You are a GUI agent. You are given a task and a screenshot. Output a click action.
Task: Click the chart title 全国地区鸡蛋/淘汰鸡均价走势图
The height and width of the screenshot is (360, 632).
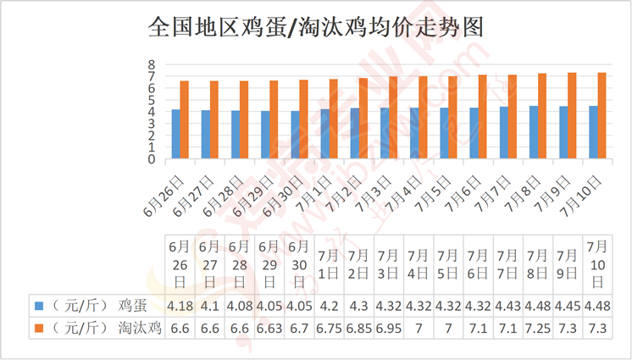click(316, 27)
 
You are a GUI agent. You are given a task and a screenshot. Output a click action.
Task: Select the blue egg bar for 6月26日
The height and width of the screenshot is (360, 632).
click(175, 134)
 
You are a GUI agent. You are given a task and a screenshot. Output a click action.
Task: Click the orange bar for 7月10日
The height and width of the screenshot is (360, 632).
click(602, 116)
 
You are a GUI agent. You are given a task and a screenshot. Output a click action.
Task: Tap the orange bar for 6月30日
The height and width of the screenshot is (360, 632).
click(303, 119)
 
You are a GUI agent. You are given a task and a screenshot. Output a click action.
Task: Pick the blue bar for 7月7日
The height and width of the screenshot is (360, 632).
click(504, 133)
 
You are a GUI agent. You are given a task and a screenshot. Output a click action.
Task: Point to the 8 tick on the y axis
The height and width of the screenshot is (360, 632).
click(152, 64)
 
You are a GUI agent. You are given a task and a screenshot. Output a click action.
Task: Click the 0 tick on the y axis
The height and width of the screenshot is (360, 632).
click(152, 159)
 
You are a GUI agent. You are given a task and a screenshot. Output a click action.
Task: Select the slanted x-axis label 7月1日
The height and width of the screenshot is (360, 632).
click(314, 193)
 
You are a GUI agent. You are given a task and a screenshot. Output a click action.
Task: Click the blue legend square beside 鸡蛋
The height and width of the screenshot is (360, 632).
click(39, 306)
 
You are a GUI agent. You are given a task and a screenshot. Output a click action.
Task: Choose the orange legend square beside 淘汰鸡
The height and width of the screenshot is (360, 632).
click(39, 328)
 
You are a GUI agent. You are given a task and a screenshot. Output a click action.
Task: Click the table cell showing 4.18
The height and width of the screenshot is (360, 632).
click(180, 306)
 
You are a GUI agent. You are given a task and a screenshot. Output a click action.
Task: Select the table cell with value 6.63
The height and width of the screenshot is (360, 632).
click(269, 328)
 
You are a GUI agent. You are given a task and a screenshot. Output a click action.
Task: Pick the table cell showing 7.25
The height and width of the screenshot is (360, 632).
click(537, 328)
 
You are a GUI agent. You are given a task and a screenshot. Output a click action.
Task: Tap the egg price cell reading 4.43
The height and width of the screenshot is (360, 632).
click(507, 306)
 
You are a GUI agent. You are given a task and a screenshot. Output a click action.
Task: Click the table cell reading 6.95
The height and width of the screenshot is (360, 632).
click(389, 328)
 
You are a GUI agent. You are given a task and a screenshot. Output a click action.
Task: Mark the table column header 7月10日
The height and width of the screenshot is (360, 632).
click(597, 264)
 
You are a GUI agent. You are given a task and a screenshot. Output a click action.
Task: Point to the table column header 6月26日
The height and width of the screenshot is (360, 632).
click(180, 264)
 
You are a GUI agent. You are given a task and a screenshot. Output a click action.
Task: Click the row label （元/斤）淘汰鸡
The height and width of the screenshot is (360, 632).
click(107, 328)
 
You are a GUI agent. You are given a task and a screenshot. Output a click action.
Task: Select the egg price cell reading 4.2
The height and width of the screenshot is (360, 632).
click(329, 306)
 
